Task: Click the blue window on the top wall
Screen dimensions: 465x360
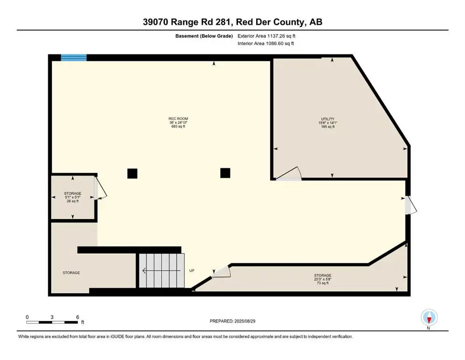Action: (x=74, y=58)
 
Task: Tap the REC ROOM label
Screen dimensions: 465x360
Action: (x=178, y=122)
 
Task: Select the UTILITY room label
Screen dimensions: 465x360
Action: (x=328, y=122)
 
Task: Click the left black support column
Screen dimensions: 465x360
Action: (x=132, y=173)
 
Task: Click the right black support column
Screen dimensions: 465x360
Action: (x=225, y=172)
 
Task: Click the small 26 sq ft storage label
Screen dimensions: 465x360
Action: (x=73, y=197)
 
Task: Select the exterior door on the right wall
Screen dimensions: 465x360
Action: (x=411, y=205)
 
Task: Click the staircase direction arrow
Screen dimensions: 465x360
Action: (x=162, y=270)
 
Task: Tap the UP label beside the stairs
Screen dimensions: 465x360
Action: (x=192, y=270)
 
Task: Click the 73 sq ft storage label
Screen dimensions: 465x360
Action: (x=323, y=279)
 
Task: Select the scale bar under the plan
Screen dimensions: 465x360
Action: (x=52, y=322)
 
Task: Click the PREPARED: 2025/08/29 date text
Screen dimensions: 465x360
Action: (x=232, y=321)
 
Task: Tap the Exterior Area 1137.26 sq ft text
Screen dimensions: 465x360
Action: (x=266, y=36)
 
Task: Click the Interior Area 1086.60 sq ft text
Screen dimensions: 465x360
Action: (x=266, y=43)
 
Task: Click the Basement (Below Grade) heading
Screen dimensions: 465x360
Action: (x=204, y=36)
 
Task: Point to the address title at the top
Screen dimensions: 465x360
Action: (x=232, y=22)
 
